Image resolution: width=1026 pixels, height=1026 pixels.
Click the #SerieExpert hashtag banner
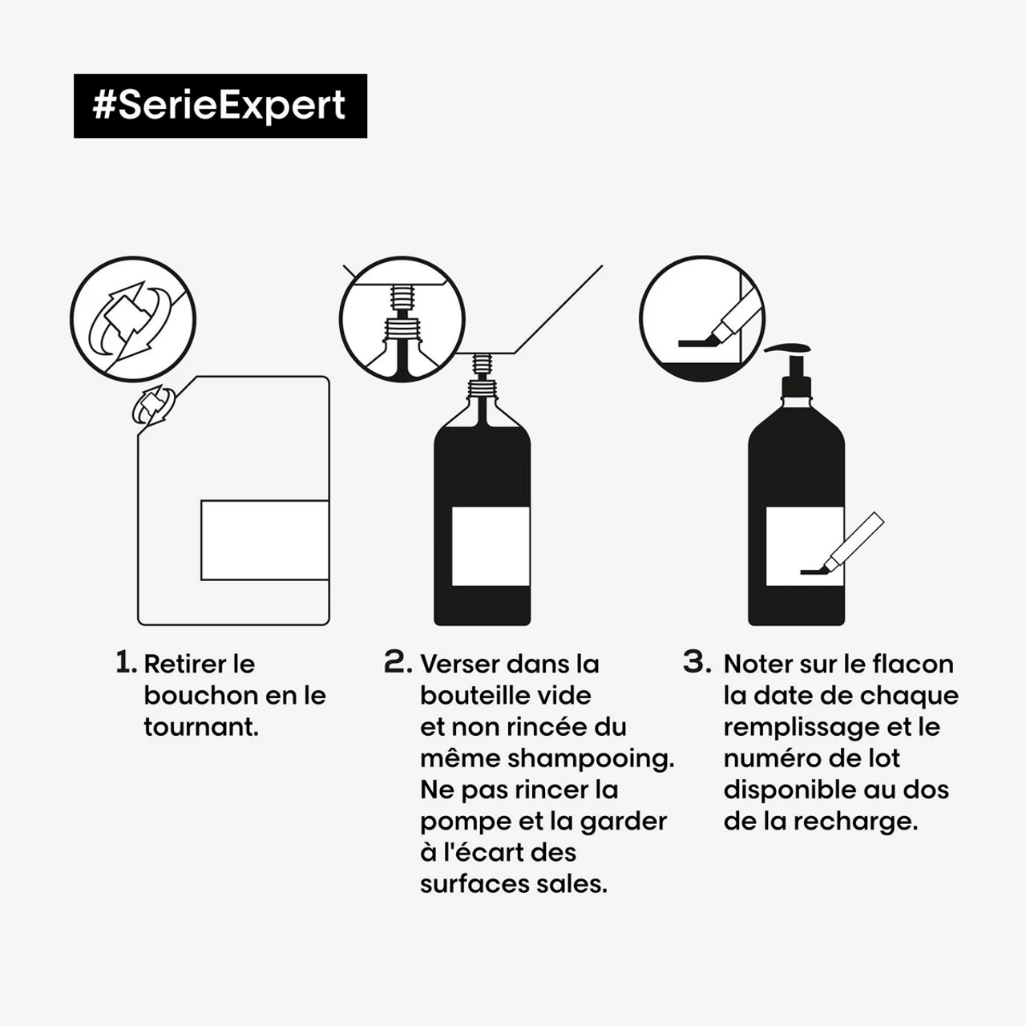click(220, 106)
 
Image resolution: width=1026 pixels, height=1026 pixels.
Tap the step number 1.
click(125, 663)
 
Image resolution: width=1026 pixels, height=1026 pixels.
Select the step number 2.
click(398, 663)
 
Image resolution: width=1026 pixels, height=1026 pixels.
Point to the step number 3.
click(697, 663)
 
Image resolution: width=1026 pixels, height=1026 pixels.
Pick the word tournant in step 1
click(200, 727)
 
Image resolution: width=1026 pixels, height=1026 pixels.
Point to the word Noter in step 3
click(761, 664)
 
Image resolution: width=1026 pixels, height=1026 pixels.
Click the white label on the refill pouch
click(265, 539)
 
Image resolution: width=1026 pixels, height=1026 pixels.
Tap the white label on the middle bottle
click(491, 546)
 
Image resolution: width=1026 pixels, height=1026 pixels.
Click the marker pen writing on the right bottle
click(850, 545)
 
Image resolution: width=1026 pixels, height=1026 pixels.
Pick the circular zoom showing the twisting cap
click(133, 319)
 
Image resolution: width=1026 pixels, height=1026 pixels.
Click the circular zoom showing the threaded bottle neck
click(402, 319)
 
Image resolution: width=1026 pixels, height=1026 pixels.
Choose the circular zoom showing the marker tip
click(702, 319)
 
